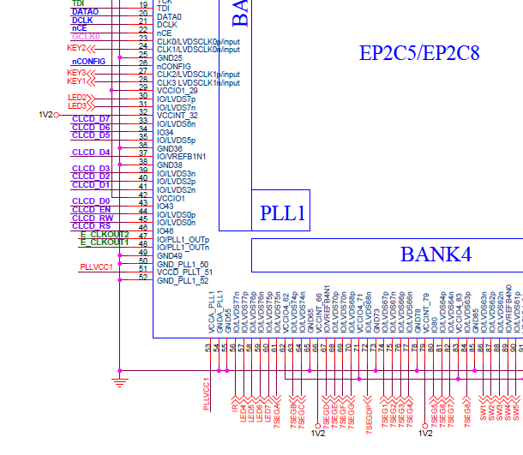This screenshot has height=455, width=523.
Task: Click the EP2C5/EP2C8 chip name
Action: pos(419,54)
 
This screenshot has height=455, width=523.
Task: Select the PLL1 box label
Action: pos(283,214)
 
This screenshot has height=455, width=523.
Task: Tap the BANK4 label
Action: pos(436,254)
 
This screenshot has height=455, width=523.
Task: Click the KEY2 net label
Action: pos(77,49)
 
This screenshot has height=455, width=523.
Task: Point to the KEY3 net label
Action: pos(77,74)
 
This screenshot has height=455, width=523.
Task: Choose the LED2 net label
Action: pos(77,99)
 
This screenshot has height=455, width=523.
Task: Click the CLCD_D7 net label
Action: pos(91,118)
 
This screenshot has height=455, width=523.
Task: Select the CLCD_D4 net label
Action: pos(91,153)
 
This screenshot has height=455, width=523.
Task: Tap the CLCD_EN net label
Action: pos(91,210)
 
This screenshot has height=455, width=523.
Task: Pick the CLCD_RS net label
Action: pos(91,226)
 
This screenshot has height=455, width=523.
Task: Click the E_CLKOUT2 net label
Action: pos(105,235)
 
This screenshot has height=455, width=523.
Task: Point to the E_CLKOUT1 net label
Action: pos(105,242)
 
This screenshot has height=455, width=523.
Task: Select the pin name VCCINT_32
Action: pos(177,116)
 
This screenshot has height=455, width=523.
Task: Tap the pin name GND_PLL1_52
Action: pos(183,280)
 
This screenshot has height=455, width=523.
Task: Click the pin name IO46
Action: pos(165,231)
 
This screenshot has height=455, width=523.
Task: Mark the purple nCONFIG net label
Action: pos(89,62)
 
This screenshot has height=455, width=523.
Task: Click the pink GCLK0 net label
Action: pos(86,37)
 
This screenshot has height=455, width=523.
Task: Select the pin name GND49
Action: pos(170,256)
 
